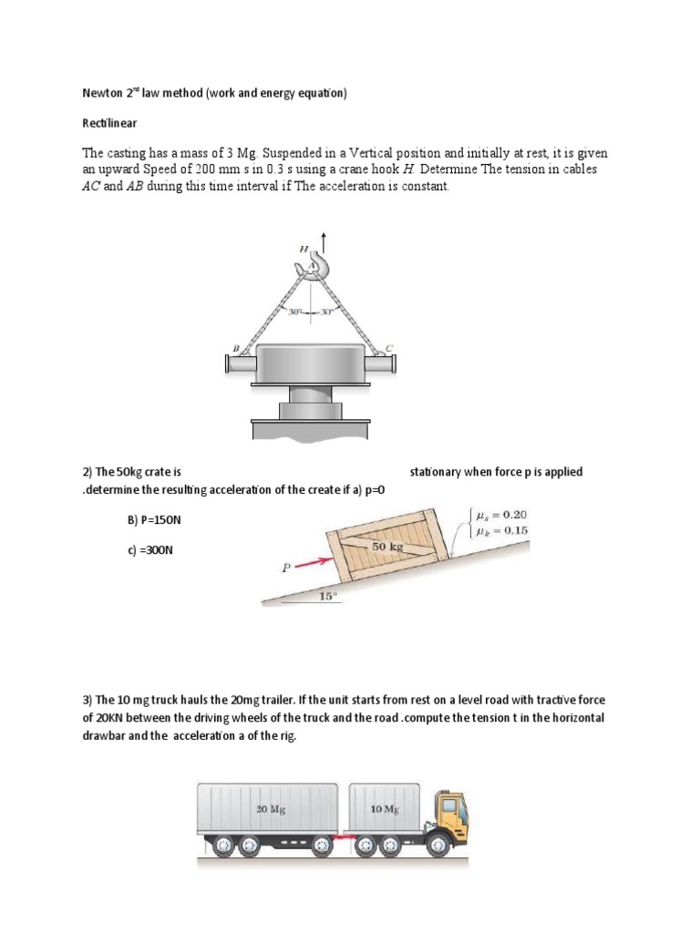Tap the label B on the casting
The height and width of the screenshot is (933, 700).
pyautogui.click(x=235, y=347)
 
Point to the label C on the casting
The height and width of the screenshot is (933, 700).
pyautogui.click(x=390, y=347)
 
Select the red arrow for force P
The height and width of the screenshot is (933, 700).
pyautogui.click(x=310, y=559)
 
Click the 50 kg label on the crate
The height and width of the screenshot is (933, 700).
pyautogui.click(x=386, y=545)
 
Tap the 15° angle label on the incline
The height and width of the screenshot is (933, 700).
pyautogui.click(x=327, y=597)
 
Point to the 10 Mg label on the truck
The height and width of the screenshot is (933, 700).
pyautogui.click(x=384, y=808)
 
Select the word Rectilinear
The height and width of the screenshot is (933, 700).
pyautogui.click(x=99, y=121)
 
